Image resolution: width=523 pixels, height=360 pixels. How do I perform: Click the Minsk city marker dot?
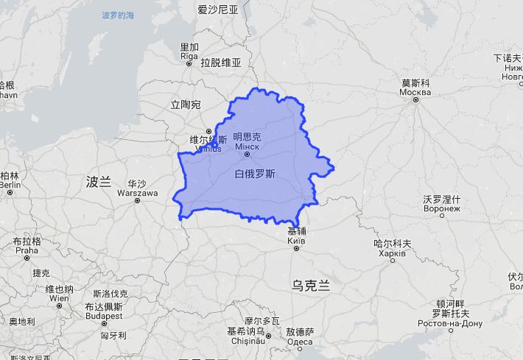[x=248, y=154]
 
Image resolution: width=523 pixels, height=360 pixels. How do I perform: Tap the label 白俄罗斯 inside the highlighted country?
[x=255, y=174]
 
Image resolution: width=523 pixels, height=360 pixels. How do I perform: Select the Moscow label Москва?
[x=415, y=91]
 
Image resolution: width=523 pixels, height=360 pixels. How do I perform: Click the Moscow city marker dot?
[x=415, y=99]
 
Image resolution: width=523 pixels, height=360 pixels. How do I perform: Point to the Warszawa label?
[x=138, y=193]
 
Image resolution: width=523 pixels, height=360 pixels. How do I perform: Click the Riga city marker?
[x=189, y=63]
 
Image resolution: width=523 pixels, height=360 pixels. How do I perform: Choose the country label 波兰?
[x=98, y=182]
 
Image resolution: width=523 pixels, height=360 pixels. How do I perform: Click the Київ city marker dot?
[x=296, y=248]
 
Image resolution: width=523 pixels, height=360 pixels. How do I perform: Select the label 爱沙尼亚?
[x=218, y=10]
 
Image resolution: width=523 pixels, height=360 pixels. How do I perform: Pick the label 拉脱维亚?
[x=221, y=63]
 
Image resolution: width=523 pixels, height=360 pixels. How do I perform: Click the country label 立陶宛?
[x=185, y=105]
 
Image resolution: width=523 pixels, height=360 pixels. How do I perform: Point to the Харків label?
[x=390, y=253]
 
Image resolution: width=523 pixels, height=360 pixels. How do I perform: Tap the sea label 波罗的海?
[x=119, y=15]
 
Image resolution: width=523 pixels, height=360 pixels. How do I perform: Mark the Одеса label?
[x=300, y=341]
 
